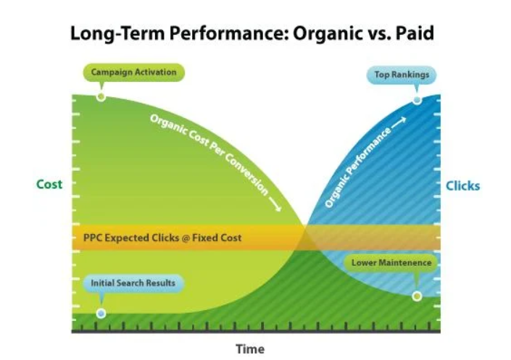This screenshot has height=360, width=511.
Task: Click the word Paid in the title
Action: click(x=415, y=33)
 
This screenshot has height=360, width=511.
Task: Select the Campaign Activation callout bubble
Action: click(x=133, y=72)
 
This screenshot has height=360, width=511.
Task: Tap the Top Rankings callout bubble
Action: click(x=402, y=75)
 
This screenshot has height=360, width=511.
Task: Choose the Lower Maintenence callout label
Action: click(x=391, y=263)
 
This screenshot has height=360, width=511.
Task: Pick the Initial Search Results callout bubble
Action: click(x=133, y=282)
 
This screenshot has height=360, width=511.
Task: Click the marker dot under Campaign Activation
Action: click(x=101, y=97)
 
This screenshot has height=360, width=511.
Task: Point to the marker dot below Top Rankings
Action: click(x=417, y=101)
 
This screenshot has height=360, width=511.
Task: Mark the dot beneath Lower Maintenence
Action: click(x=417, y=296)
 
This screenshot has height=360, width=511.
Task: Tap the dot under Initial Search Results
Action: click(x=101, y=314)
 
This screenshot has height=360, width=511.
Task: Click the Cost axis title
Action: click(x=49, y=185)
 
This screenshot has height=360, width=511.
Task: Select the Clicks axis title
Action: click(x=462, y=186)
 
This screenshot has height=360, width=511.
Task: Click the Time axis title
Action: click(x=250, y=349)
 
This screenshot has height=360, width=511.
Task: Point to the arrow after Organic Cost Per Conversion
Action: click(x=275, y=205)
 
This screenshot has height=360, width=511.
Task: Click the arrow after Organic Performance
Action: click(x=399, y=122)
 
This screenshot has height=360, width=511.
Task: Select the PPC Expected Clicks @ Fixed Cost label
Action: click(x=162, y=238)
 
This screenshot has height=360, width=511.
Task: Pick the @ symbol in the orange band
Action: click(x=186, y=238)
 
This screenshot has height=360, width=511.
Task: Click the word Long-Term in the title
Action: click(x=117, y=34)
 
